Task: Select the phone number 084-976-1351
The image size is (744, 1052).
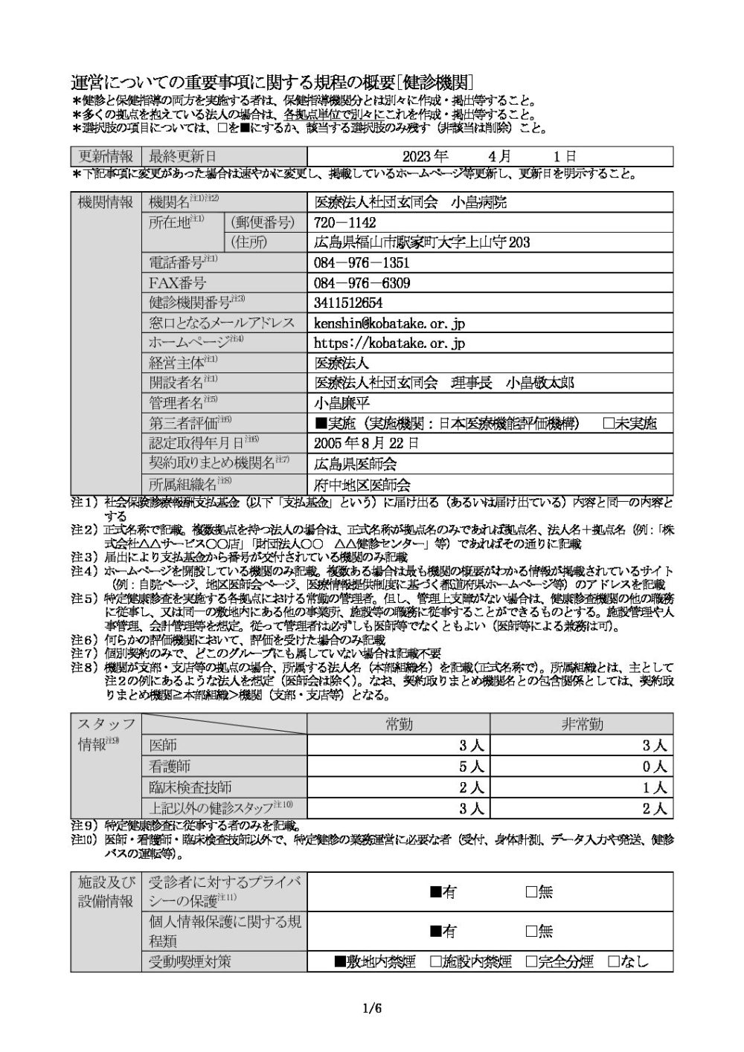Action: [x=362, y=262]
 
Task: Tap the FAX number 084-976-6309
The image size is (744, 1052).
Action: [x=362, y=283]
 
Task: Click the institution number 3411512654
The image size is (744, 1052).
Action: [x=348, y=303]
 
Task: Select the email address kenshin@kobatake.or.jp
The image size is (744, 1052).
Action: [x=390, y=323]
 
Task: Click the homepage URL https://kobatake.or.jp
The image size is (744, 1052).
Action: [x=390, y=343]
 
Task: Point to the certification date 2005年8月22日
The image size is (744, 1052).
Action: [x=367, y=443]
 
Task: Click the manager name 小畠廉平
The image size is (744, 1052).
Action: [x=341, y=403]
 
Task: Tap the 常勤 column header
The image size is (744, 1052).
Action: [x=398, y=725]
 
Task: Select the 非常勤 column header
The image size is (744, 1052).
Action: [x=583, y=725]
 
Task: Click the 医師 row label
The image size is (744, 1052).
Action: [x=163, y=746]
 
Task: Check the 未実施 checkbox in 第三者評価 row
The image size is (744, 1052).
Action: [x=608, y=423]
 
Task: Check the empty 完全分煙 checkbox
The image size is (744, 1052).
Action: [x=531, y=961]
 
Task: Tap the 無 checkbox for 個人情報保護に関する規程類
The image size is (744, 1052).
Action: [x=531, y=931]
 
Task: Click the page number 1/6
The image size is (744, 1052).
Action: [x=372, y=1009]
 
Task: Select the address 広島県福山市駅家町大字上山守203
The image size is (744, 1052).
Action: [x=422, y=242]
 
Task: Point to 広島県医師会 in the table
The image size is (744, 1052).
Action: [x=356, y=464]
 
